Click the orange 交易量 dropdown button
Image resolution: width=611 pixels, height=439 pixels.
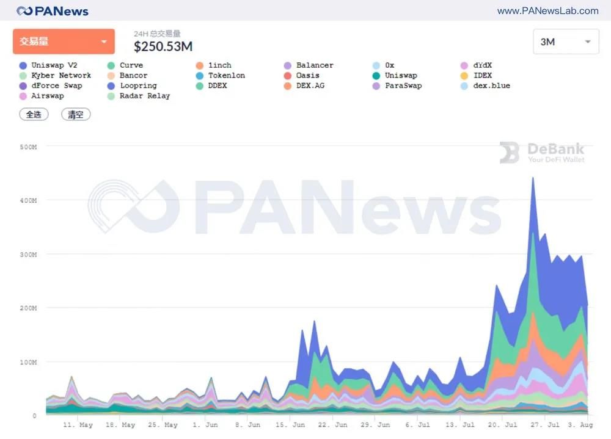[64, 42]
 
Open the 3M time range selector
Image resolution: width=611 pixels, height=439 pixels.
[566, 42]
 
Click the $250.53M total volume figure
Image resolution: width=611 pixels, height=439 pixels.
[163, 46]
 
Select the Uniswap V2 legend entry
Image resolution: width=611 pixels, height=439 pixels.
[54, 65]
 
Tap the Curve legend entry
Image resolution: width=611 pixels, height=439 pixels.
[131, 65]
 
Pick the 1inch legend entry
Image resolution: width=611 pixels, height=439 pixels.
[219, 65]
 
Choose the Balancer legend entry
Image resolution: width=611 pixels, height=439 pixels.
[314, 65]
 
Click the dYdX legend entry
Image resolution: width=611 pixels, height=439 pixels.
[482, 65]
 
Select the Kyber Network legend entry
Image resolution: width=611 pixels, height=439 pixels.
[60, 76]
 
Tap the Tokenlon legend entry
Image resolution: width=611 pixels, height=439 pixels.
[226, 76]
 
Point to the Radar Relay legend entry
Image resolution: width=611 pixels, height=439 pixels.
[144, 96]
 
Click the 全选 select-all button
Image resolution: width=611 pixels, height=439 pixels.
[34, 114]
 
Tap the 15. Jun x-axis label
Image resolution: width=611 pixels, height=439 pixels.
[291, 425]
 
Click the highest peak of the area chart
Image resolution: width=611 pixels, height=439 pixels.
[533, 178]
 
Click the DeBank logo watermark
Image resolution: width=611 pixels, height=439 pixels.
[542, 153]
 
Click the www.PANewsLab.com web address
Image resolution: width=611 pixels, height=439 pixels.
[547, 11]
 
